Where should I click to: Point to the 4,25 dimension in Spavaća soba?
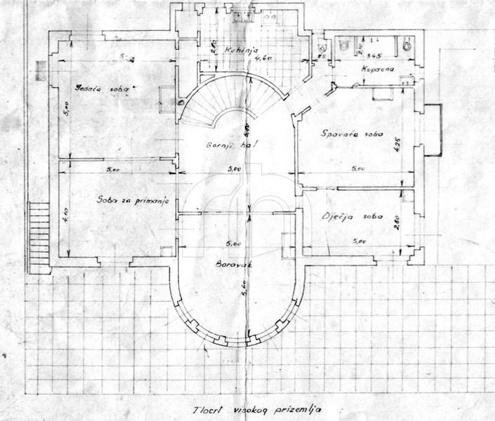(397, 148)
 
